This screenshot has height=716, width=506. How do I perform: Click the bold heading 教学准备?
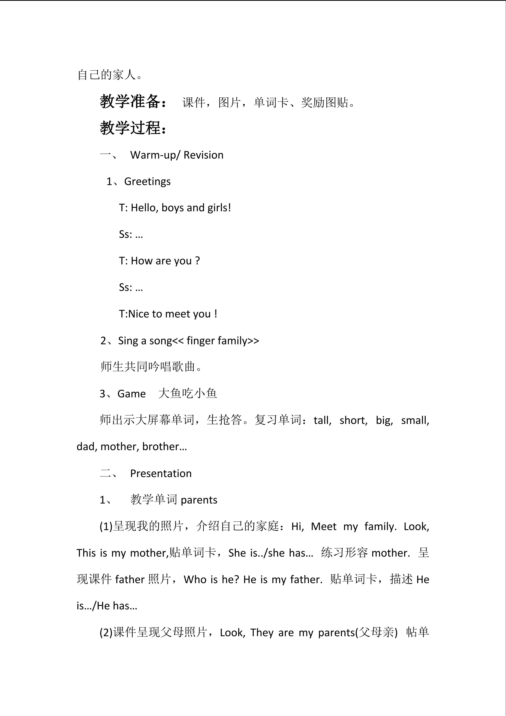(130, 101)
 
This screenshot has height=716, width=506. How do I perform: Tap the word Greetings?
(147, 181)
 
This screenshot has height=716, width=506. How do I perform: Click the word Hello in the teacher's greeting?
(144, 208)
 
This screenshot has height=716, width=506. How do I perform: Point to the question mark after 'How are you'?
(197, 261)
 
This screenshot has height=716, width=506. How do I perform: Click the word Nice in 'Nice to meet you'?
(138, 314)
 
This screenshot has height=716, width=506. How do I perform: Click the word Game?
(132, 394)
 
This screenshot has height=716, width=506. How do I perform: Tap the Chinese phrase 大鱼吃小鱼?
(188, 394)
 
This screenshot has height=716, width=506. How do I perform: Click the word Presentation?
(161, 473)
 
